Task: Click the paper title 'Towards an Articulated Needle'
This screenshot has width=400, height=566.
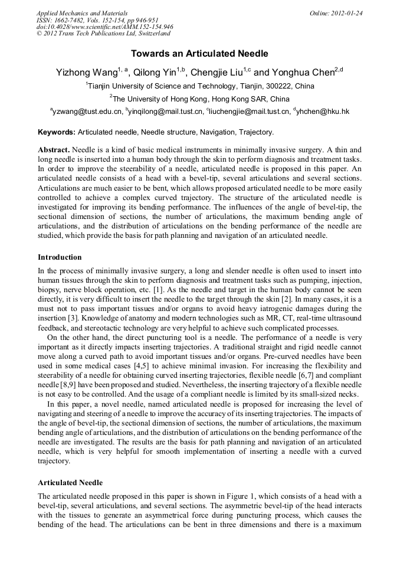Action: point(199,54)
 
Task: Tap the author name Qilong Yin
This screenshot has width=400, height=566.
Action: point(155,73)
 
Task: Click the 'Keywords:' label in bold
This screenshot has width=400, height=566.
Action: point(57,132)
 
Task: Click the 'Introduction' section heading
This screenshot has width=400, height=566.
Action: point(60,257)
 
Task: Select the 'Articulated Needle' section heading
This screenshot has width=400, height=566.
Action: point(70,483)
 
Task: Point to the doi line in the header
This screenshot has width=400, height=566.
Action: point(104,27)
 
